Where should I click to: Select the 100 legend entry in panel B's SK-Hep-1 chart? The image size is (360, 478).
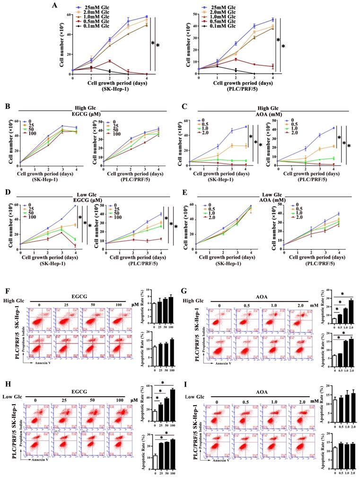pyautogui.click(x=33, y=135)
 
